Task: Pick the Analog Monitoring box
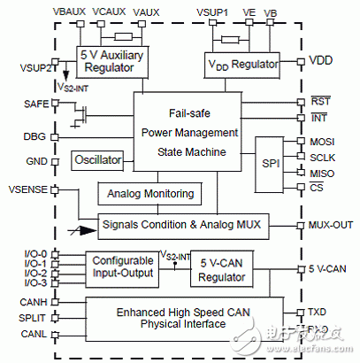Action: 148,193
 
